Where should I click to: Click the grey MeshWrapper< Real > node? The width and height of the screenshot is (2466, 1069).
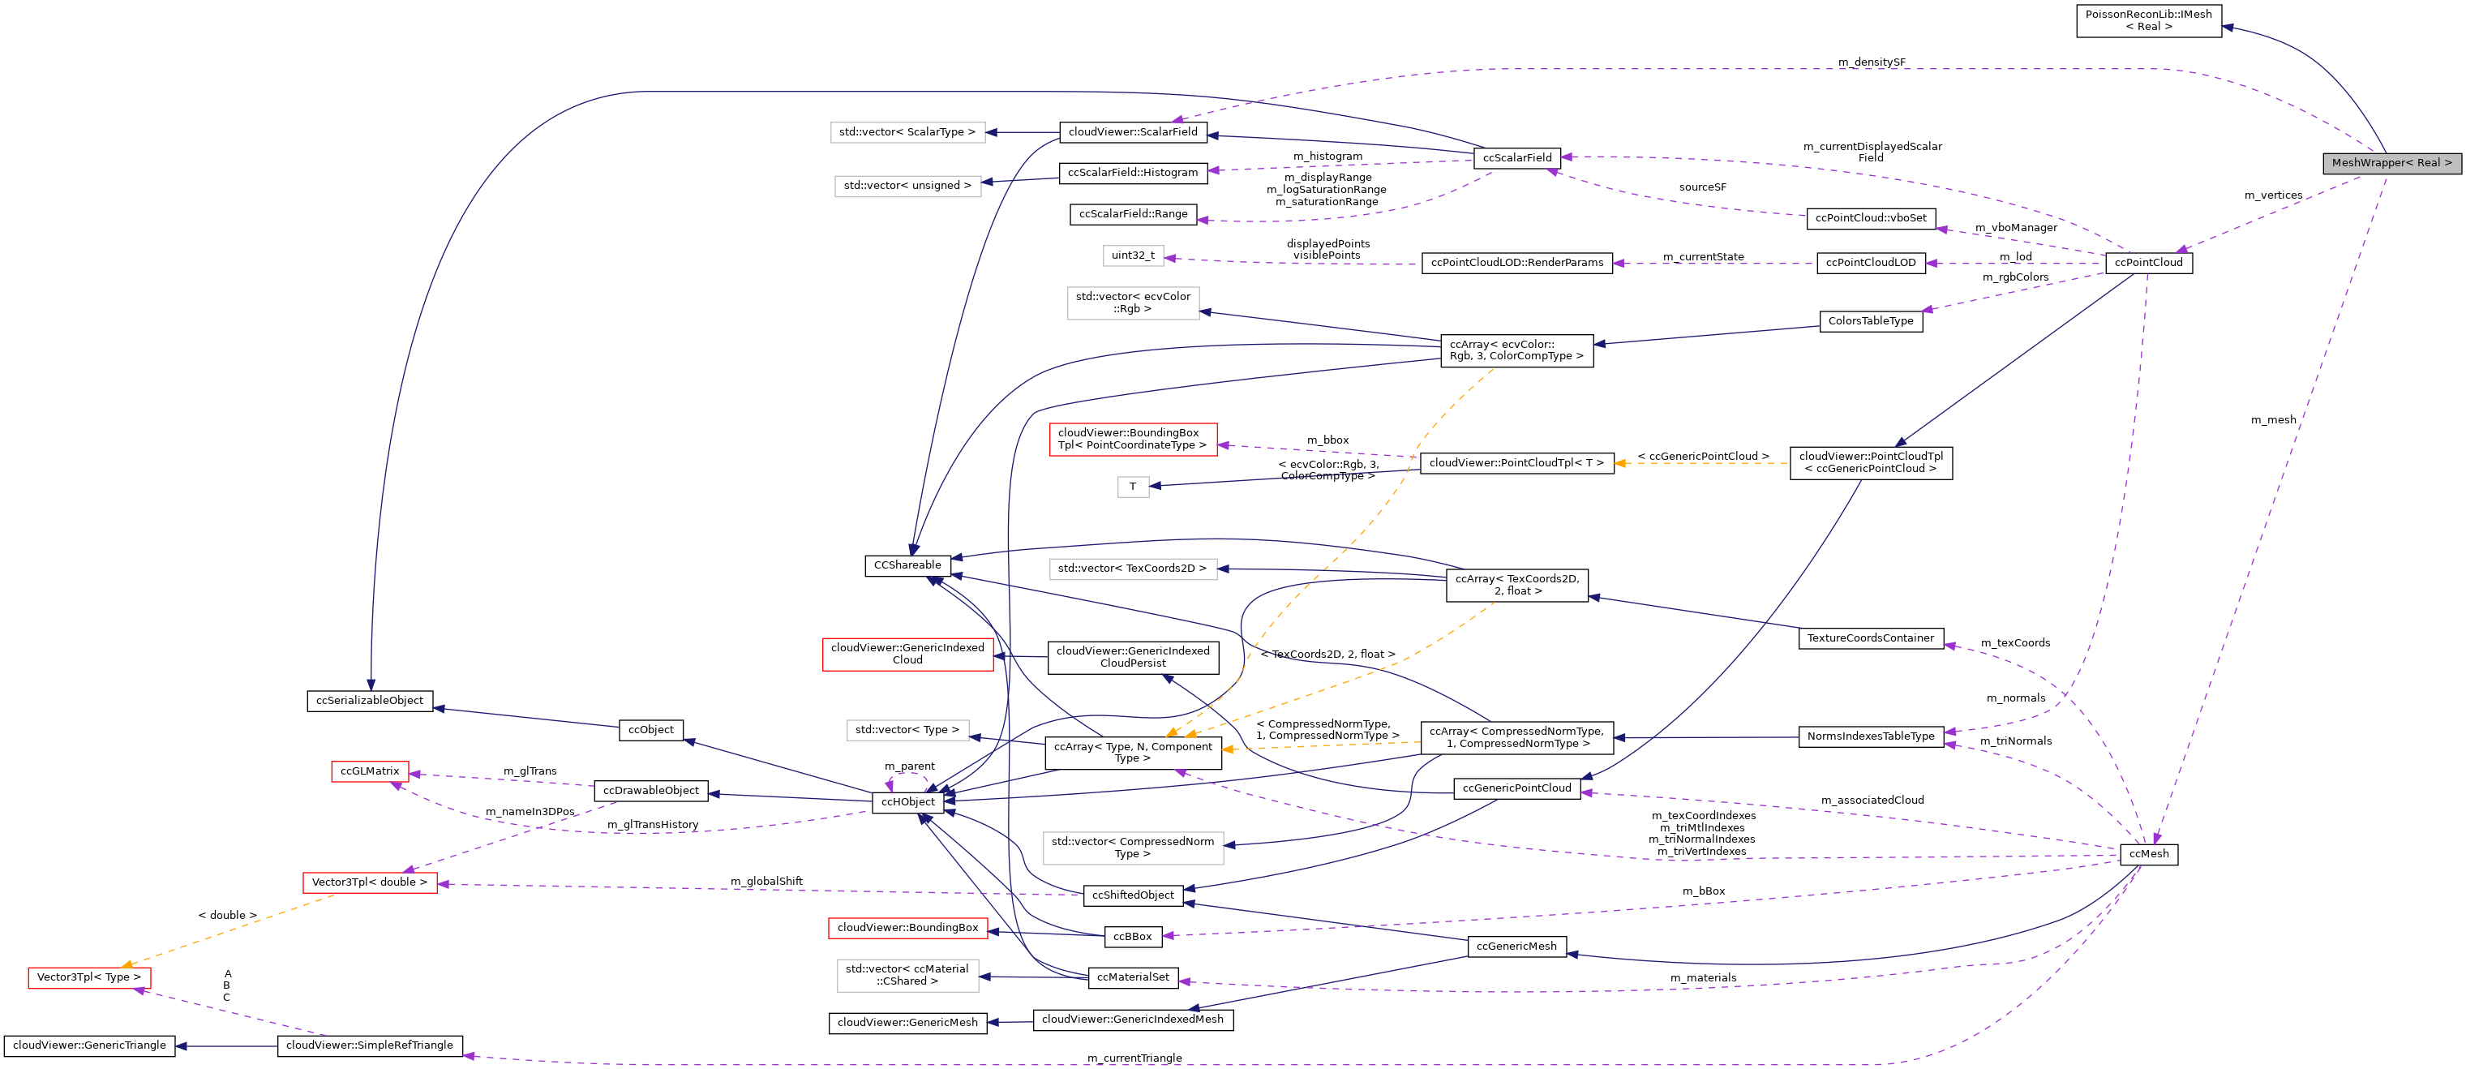coord(2391,163)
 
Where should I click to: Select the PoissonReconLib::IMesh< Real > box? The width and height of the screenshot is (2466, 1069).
coord(2148,20)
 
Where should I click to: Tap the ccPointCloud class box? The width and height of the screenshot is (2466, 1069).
coord(2148,263)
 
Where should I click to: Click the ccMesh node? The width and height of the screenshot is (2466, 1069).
coord(2148,853)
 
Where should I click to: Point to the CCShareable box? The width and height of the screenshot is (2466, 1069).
coord(907,565)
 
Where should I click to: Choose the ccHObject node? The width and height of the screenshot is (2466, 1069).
coord(907,801)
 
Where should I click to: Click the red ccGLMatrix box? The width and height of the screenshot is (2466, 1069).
coord(370,771)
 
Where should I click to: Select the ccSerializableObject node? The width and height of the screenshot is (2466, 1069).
coord(370,700)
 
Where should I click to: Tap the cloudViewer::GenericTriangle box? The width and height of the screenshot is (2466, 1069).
coord(89,1045)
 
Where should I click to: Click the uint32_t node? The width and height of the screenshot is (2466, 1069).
coord(1133,255)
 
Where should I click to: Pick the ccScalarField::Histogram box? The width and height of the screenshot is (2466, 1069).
coord(1133,173)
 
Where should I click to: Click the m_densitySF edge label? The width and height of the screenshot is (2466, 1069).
coord(1871,62)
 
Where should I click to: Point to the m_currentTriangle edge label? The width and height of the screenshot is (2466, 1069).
coord(1134,1058)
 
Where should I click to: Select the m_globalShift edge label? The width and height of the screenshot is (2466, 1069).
coord(766,882)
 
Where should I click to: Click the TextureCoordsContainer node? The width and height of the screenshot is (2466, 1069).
coord(1870,638)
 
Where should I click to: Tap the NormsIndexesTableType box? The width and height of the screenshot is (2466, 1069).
coord(1870,736)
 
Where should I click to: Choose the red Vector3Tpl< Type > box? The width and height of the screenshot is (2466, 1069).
coord(89,977)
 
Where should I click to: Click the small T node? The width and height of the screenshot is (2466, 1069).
coord(1133,487)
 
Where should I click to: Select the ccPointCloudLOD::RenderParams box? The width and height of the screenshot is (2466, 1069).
coord(1516,263)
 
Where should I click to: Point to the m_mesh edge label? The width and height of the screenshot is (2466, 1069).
coord(2273,419)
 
